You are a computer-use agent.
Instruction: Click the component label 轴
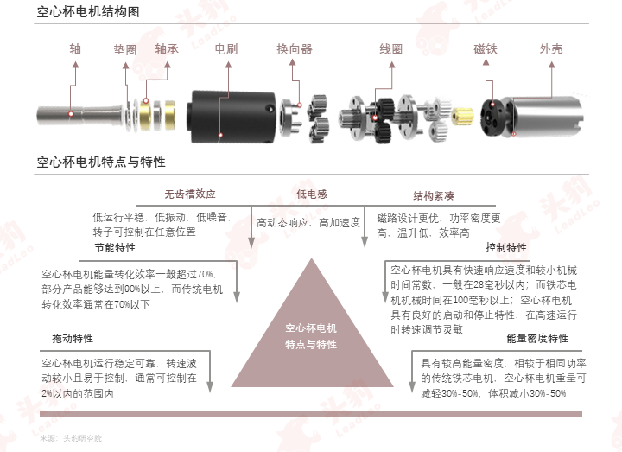pyautogui.click(x=75, y=48)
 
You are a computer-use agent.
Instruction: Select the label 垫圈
pyautogui.click(x=125, y=49)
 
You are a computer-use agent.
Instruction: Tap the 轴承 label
pyautogui.click(x=167, y=48)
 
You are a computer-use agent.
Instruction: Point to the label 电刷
pyautogui.click(x=226, y=48)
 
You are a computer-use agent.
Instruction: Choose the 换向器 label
pyautogui.click(x=295, y=49)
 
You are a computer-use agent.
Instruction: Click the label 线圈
pyautogui.click(x=391, y=49)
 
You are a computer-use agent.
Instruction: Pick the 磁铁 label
pyautogui.click(x=486, y=48)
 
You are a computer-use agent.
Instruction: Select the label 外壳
pyautogui.click(x=551, y=48)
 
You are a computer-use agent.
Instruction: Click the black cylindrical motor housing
pyautogui.click(x=233, y=117)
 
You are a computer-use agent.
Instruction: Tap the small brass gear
pyautogui.click(x=463, y=116)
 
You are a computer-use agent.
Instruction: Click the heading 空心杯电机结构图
pyautogui.click(x=88, y=11)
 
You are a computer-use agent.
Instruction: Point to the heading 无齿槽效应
pyautogui.click(x=190, y=194)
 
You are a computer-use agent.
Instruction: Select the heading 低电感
pyautogui.click(x=312, y=194)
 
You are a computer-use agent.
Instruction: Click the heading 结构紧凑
pyautogui.click(x=434, y=195)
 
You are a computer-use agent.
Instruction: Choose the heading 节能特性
pyautogui.click(x=115, y=248)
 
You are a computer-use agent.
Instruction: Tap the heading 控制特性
pyautogui.click(x=506, y=248)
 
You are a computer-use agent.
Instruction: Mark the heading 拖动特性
pyautogui.click(x=73, y=339)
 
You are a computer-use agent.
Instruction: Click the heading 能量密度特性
pyautogui.click(x=537, y=339)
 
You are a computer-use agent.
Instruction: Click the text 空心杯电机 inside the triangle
pyautogui.click(x=311, y=328)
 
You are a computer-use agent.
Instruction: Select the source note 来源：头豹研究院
pyautogui.click(x=71, y=438)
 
